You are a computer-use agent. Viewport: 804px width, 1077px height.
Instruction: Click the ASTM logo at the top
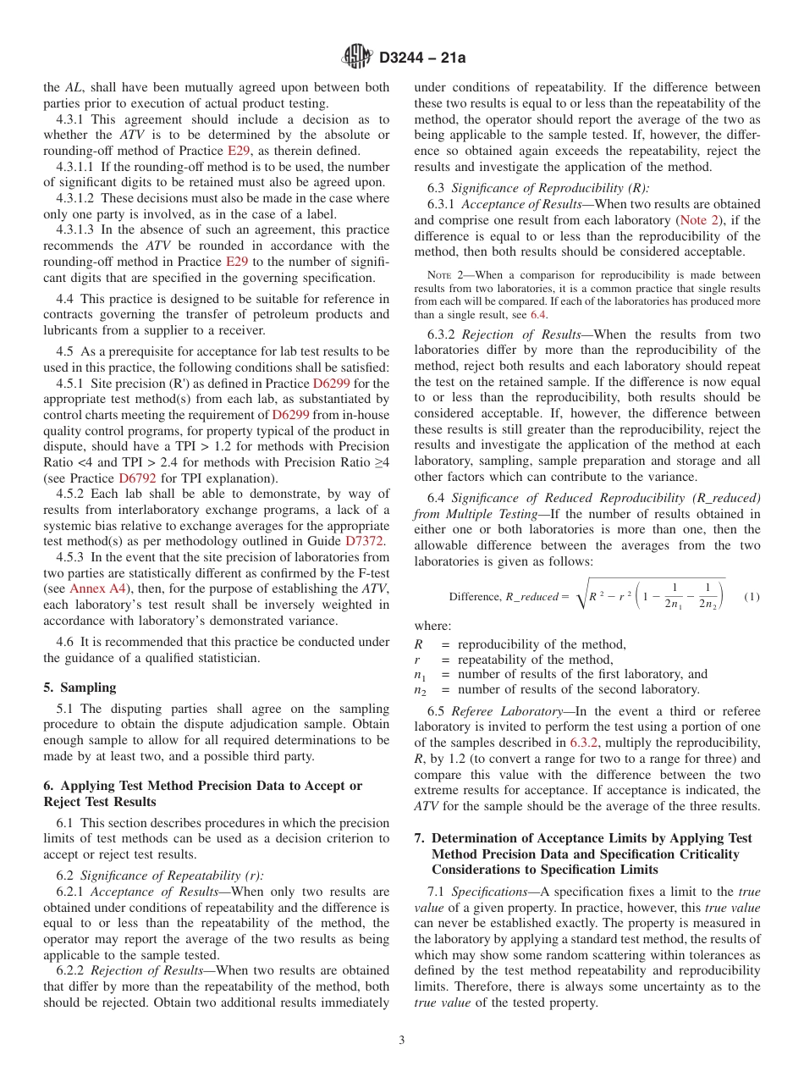coord(356,57)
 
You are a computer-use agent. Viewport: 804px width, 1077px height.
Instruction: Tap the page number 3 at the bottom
coord(402,1040)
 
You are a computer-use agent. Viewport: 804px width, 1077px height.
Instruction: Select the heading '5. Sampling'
coord(80,688)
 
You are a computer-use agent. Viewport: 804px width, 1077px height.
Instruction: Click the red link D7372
coord(365,540)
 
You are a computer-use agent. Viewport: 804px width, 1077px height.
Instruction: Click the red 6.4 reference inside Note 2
coord(538,314)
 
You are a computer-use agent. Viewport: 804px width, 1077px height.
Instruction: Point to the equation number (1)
coord(752,597)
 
